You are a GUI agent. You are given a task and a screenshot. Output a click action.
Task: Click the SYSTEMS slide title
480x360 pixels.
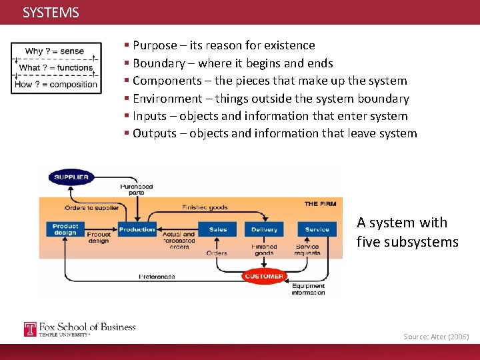point(51,13)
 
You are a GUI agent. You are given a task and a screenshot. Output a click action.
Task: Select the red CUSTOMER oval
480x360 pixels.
point(264,276)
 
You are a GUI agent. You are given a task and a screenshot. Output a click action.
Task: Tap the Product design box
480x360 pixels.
point(65,229)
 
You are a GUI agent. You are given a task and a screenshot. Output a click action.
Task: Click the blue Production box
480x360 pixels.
point(137,229)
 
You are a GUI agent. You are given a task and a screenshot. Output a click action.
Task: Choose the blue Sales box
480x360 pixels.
point(218,229)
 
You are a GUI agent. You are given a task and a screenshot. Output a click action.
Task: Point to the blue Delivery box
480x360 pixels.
point(264,229)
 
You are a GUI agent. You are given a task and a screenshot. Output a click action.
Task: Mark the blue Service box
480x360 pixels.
point(317,229)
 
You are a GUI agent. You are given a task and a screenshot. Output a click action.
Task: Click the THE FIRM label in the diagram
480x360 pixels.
point(320,203)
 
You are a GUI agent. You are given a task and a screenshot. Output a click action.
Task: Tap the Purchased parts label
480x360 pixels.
point(136,189)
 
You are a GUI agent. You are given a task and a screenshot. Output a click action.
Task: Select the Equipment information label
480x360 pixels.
point(308,290)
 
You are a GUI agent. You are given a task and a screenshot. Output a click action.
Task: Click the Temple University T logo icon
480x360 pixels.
point(30,329)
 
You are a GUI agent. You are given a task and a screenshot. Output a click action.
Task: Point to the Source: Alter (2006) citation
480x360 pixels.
point(436,337)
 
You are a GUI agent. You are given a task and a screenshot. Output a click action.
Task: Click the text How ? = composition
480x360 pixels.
point(56,85)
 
